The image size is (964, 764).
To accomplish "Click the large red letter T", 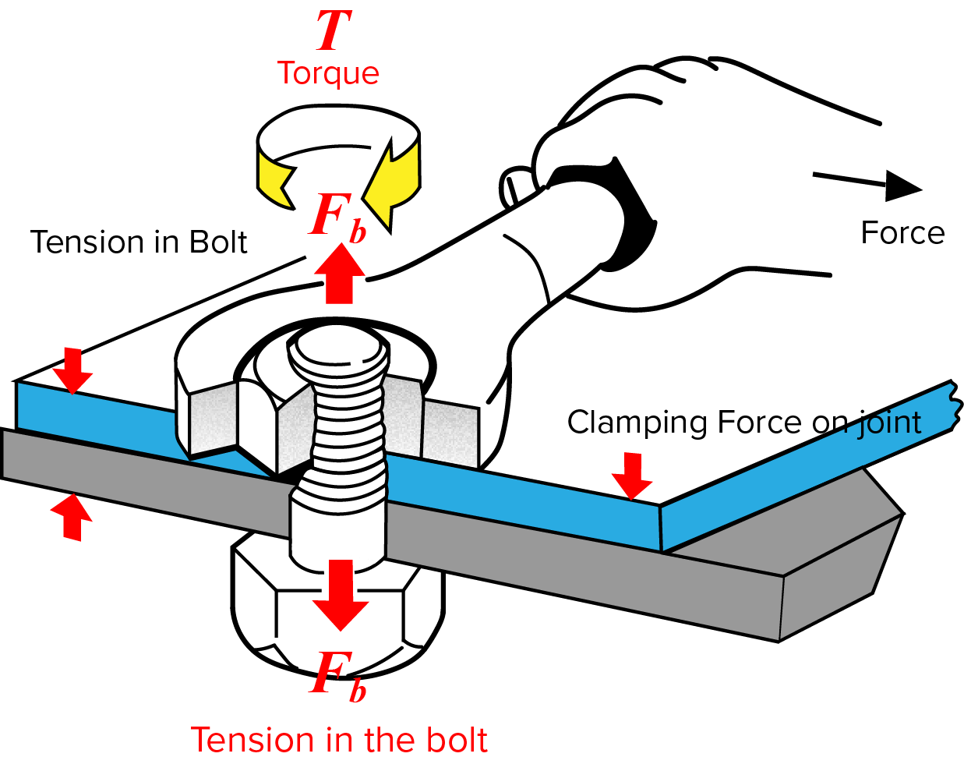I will coord(333,31).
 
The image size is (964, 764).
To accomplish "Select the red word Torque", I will coord(328,73).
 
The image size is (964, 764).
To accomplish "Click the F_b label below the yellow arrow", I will coord(337,218).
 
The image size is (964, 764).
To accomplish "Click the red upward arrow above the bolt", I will coord(339,273).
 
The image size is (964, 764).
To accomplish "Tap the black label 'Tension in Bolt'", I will coord(138,242).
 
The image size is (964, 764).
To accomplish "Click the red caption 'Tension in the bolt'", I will coord(339,739).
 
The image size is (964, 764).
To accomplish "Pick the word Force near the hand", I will coord(902,233).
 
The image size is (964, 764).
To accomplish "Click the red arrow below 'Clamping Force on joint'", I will coord(632,476).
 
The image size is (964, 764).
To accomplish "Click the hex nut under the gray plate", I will coord(337,616).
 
